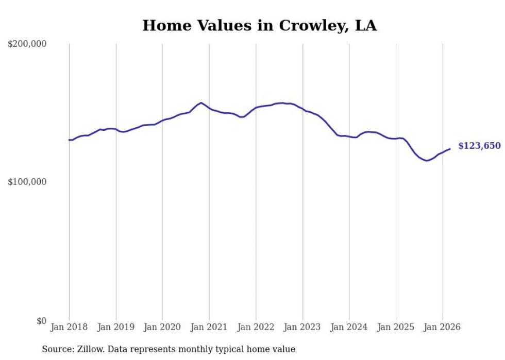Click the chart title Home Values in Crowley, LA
coord(259,25)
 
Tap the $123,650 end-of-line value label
coord(479,146)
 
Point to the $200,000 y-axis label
coord(27,44)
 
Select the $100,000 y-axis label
coord(27,182)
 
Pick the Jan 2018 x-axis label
coord(69,327)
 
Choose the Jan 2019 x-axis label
coord(116,327)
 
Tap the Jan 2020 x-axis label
coord(163,327)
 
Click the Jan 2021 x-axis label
coord(209,327)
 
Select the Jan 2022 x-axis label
coord(256,327)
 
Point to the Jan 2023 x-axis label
coord(302,327)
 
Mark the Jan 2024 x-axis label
coord(349,327)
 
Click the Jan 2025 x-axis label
coord(396,327)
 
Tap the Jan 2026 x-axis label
coord(443,327)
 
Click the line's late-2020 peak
coord(201,103)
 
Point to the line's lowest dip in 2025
coord(427,161)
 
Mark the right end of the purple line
coord(450,149)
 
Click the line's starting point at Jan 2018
coord(69,140)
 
